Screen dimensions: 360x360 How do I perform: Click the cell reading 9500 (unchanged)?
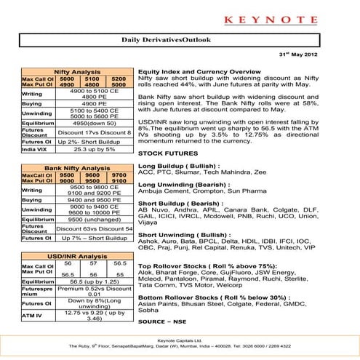[x=94, y=219]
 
